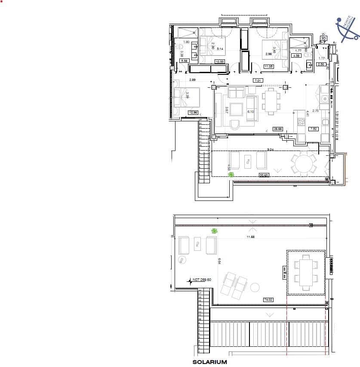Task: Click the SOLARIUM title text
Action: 209,363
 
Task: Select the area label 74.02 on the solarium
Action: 268,300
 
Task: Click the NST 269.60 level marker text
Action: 202,280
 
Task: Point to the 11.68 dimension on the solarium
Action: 251,237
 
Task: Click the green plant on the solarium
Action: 214,231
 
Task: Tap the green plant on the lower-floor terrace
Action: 231,174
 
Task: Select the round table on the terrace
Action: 305,164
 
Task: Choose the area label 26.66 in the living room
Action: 277,129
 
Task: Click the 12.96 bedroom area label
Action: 193,113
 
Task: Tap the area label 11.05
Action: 268,66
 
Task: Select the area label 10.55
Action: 220,62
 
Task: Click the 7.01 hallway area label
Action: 258,81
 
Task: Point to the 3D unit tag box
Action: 323,38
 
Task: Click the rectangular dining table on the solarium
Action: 306,272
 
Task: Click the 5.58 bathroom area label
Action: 185,61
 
